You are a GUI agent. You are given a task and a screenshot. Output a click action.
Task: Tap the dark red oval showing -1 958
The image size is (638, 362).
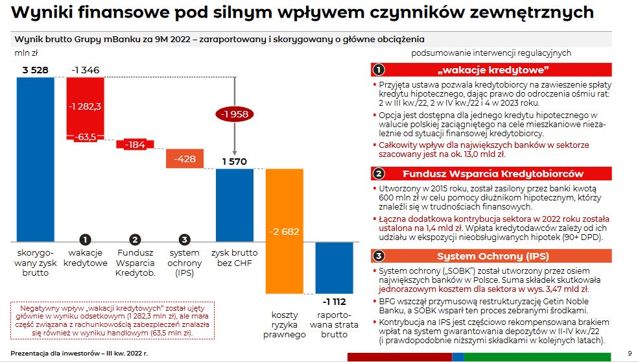click(234, 114)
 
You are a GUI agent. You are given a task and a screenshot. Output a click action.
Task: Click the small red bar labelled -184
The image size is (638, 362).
click(134, 145)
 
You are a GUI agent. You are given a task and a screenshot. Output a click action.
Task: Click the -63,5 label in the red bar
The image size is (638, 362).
click(86, 137)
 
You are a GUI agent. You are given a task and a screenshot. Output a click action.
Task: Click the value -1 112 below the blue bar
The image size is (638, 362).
click(335, 302)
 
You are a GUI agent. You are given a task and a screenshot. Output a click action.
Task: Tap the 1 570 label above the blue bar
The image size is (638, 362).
click(234, 162)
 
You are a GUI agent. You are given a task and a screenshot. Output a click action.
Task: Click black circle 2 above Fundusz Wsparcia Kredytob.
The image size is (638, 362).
click(135, 239)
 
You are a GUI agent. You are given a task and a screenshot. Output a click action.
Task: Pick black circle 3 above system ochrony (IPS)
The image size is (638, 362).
click(185, 239)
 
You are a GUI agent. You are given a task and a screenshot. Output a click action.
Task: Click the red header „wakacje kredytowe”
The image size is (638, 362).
click(492, 70)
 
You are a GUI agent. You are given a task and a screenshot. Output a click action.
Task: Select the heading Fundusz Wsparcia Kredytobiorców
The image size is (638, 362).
click(492, 173)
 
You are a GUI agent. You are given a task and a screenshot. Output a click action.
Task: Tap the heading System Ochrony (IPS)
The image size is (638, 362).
click(492, 256)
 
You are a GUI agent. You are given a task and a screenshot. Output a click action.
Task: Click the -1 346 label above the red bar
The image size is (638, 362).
click(86, 69)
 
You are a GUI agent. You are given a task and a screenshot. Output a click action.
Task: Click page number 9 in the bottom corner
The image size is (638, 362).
click(630, 353)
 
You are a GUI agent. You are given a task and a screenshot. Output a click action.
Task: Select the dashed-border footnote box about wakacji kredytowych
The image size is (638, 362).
click(112, 320)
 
